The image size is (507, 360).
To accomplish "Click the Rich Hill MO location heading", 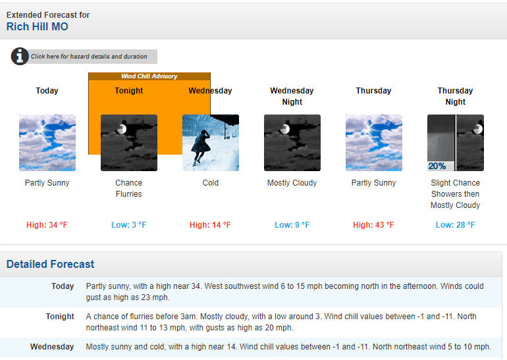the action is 37,26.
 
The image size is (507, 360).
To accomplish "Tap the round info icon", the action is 20,56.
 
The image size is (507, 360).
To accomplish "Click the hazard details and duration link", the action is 89,57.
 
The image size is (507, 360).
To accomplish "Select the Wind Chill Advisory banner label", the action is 149,76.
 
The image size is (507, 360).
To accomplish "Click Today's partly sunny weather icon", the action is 47,143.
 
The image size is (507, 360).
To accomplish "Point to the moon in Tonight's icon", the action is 122,129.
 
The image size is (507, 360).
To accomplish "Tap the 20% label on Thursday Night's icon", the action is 437,166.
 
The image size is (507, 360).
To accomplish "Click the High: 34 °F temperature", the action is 47,225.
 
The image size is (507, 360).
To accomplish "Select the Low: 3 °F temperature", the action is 128,225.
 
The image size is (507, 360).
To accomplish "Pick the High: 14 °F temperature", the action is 210,225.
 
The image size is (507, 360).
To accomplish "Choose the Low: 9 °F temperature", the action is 292,225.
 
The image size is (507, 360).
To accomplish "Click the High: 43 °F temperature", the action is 373,225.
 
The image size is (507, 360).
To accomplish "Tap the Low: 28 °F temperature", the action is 455,225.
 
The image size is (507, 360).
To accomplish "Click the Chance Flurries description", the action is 128,188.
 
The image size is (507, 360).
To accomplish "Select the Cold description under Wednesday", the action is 211,183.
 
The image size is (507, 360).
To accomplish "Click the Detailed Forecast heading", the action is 51,264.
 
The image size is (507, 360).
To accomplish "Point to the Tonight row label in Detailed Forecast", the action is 60,317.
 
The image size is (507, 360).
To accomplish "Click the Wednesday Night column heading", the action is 292,96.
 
